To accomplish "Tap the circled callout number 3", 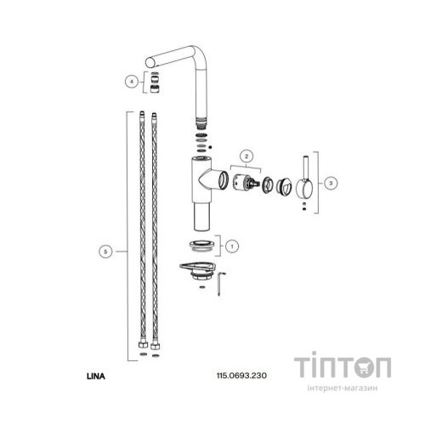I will [331, 180].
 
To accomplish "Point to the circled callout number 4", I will [132, 82].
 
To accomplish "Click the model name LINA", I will [96, 371].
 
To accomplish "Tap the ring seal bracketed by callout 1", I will [200, 246].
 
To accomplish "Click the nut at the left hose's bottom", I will [139, 348].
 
